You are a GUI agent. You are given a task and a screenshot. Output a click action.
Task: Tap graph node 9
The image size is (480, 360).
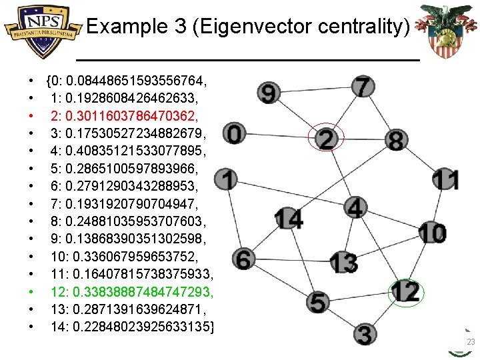[268, 93]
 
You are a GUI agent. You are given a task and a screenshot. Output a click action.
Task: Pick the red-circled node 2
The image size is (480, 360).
[327, 139]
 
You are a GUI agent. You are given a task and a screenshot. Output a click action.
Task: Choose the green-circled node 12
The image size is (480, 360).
[405, 291]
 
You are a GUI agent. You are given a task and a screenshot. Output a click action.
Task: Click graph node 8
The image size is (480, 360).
[396, 141]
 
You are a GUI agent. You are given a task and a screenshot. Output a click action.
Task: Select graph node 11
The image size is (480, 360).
[445, 180]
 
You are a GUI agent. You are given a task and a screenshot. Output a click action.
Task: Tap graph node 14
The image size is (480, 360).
[288, 218]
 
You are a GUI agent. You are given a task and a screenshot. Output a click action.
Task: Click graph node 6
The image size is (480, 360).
[243, 259]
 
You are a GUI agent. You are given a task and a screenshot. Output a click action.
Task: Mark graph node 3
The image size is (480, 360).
[363, 333]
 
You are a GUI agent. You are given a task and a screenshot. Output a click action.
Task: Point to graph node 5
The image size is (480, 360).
[319, 301]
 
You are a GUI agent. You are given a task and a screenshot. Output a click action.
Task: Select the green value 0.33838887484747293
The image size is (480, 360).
[144, 292]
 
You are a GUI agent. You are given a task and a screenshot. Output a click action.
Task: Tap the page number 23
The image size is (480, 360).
[471, 342]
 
